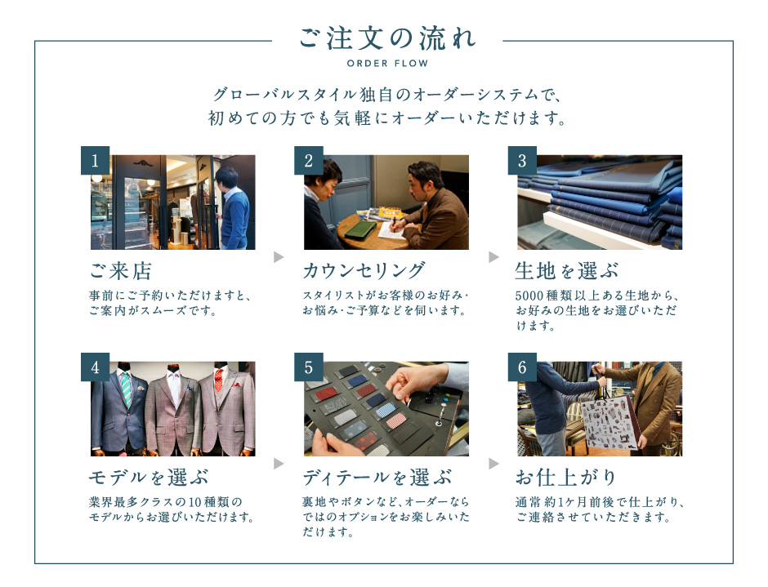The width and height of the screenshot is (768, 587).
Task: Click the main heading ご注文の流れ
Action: (387, 38)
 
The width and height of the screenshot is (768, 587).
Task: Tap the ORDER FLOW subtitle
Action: (387, 63)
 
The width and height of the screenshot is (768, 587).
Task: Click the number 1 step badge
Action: (95, 160)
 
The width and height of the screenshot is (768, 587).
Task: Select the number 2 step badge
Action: (309, 160)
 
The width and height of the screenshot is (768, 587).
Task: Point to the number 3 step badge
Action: (522, 160)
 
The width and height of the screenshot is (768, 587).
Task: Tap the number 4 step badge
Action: (95, 367)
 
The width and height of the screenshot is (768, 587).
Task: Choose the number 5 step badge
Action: (309, 367)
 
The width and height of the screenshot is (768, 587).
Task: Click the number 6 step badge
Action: (522, 367)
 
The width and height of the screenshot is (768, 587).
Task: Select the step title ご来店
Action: (120, 271)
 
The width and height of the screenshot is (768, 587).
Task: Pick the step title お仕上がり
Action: (565, 478)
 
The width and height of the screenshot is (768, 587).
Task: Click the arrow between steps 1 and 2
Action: (279, 256)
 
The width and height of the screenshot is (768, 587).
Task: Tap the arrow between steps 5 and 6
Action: (493, 463)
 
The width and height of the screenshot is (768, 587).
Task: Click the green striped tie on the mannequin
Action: (127, 389)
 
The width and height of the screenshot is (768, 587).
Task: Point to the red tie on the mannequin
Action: (218, 380)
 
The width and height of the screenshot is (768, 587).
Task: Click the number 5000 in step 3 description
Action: (529, 296)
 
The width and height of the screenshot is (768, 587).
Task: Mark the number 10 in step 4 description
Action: (195, 502)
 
